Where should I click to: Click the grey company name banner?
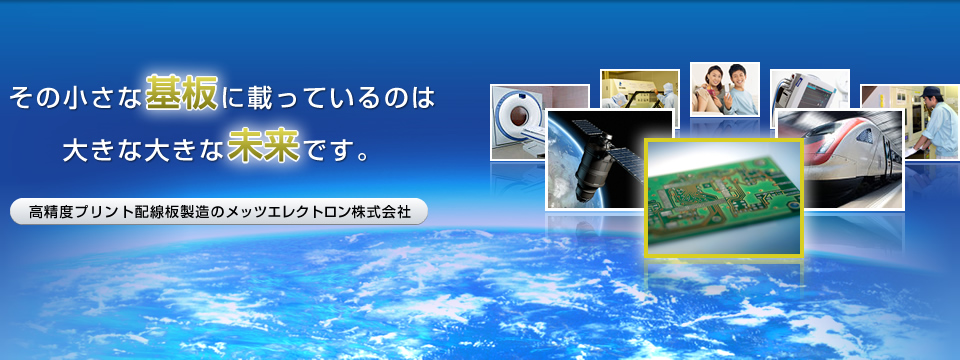218,213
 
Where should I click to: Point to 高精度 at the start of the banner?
47,213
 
